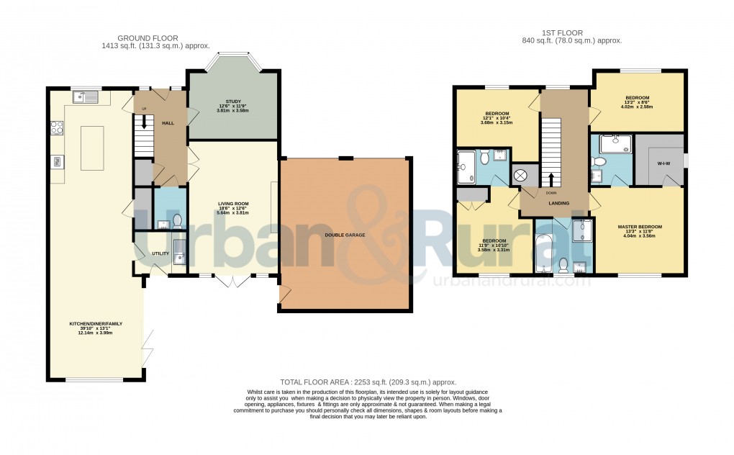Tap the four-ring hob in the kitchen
tap(56, 128)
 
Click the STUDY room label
tap(232, 102)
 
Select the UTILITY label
tap(160, 253)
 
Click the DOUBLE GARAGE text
tap(345, 235)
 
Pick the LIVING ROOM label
tap(233, 204)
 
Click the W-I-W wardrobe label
tap(663, 163)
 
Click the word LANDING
tap(559, 204)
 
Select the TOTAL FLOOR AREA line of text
tap(367, 382)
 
